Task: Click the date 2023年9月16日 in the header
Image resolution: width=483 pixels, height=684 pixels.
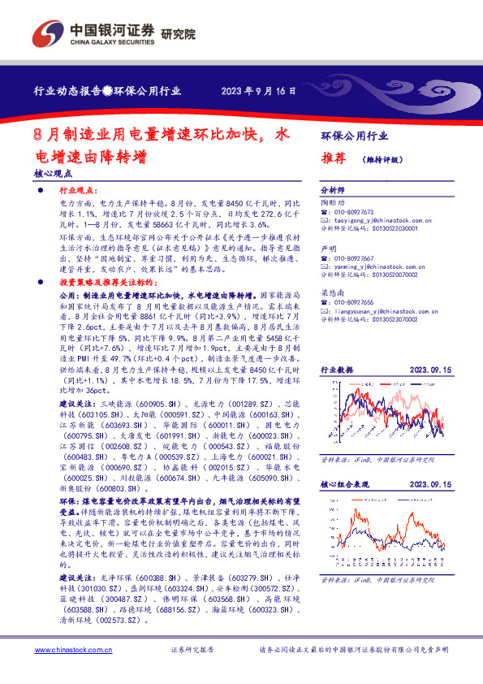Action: click(258, 91)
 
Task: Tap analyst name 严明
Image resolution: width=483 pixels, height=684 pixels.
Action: click(328, 249)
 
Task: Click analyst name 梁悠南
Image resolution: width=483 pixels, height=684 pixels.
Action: click(333, 292)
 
